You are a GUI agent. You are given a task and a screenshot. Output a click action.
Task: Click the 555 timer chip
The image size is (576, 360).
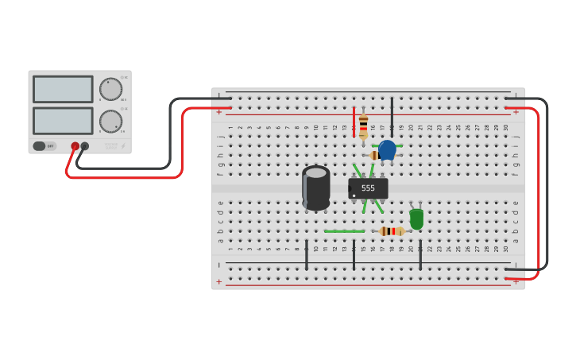coord(368,188)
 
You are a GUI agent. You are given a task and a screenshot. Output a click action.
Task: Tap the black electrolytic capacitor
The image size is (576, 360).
coord(315,188)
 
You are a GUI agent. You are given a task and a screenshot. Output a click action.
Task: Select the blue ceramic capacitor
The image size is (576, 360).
coord(387,149)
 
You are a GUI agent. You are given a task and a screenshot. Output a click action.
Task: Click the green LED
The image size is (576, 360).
coord(416,219)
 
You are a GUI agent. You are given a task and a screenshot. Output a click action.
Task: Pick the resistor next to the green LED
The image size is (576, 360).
coord(391,231)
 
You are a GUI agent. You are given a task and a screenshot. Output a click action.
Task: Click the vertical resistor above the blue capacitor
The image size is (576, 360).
coord(363,126)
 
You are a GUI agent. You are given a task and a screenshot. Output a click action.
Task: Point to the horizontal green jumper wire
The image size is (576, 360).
coord(344,231)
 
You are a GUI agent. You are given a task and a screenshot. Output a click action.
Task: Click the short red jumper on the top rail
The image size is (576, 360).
coord(354,122)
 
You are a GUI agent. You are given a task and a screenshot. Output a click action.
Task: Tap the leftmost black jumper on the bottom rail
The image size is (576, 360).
coord(307,254)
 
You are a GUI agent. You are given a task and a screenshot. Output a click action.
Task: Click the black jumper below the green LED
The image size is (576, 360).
coord(420,254)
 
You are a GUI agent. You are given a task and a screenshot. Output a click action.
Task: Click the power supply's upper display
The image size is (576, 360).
coord(63,89)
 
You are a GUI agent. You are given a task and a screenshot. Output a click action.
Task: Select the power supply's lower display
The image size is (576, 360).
coord(63,120)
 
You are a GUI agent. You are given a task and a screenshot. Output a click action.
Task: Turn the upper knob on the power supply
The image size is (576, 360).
coord(110,89)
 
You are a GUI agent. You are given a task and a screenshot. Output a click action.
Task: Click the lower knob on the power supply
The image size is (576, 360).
coord(110,122)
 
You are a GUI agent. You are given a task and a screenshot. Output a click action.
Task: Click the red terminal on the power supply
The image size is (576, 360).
coord(75,146)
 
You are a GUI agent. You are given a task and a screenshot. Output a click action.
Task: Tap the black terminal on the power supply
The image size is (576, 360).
coord(85,146)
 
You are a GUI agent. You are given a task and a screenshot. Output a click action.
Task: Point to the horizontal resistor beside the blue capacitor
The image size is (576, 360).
coord(375,156)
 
